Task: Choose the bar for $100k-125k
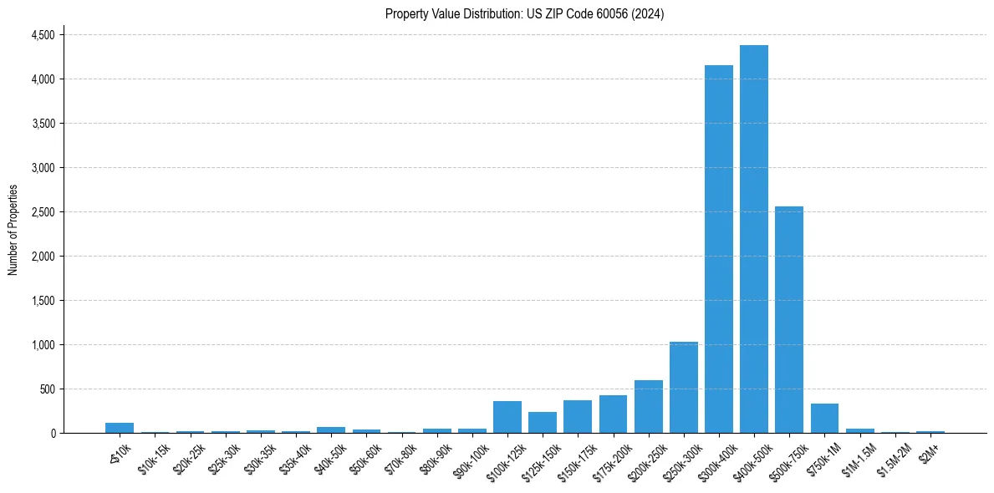[x=507, y=417]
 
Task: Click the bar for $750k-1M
[x=824, y=418]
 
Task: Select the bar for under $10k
[x=120, y=428]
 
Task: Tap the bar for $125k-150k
[x=543, y=422]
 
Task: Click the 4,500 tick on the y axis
[x=43, y=35]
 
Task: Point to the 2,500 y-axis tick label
[x=43, y=212]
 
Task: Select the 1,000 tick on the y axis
[x=43, y=345]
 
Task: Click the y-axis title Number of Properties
[x=13, y=229]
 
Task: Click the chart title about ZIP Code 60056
[x=524, y=13]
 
